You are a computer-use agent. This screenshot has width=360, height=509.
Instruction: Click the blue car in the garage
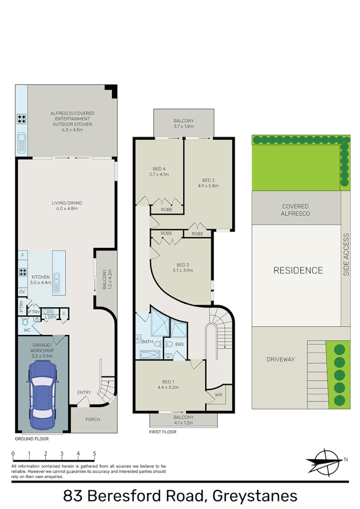[x=42, y=395]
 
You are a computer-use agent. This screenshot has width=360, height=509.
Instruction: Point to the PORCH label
[x=93, y=419]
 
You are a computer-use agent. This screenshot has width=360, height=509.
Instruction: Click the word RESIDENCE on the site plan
[x=298, y=270]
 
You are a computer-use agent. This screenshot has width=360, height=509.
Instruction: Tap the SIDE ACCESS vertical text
[x=346, y=254]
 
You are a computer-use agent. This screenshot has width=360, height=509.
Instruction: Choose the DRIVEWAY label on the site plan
[x=281, y=359]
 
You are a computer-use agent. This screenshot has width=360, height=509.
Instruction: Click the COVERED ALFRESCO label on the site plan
[x=296, y=210]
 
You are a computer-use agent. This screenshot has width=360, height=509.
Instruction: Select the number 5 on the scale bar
[x=94, y=453]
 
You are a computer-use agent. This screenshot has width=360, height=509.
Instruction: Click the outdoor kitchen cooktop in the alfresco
[x=22, y=120]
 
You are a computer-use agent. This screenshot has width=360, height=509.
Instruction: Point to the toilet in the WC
[x=24, y=322]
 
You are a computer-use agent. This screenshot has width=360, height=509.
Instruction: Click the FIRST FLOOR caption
[x=162, y=432]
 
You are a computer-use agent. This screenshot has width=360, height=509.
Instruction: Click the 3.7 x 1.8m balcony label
[x=184, y=123]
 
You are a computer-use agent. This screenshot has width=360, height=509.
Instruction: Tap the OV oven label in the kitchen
[x=22, y=292]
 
